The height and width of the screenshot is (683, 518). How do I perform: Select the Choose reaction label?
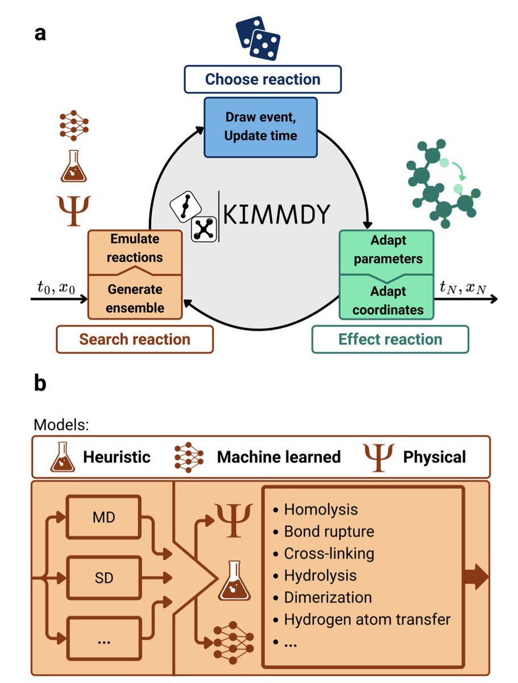click(262, 79)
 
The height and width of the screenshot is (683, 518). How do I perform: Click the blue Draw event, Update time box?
click(260, 126)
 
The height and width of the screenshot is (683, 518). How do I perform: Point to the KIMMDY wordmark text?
click(276, 215)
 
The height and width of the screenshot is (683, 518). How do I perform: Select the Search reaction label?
click(134, 340)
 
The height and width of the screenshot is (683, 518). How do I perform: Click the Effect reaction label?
click(390, 340)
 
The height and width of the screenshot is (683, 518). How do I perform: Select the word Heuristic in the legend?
click(117, 456)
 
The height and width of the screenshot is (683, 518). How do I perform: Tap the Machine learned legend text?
click(279, 456)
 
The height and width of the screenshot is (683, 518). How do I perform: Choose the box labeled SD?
click(103, 578)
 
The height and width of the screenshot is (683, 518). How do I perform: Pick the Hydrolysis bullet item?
click(320, 575)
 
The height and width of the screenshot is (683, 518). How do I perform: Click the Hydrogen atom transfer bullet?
click(367, 619)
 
